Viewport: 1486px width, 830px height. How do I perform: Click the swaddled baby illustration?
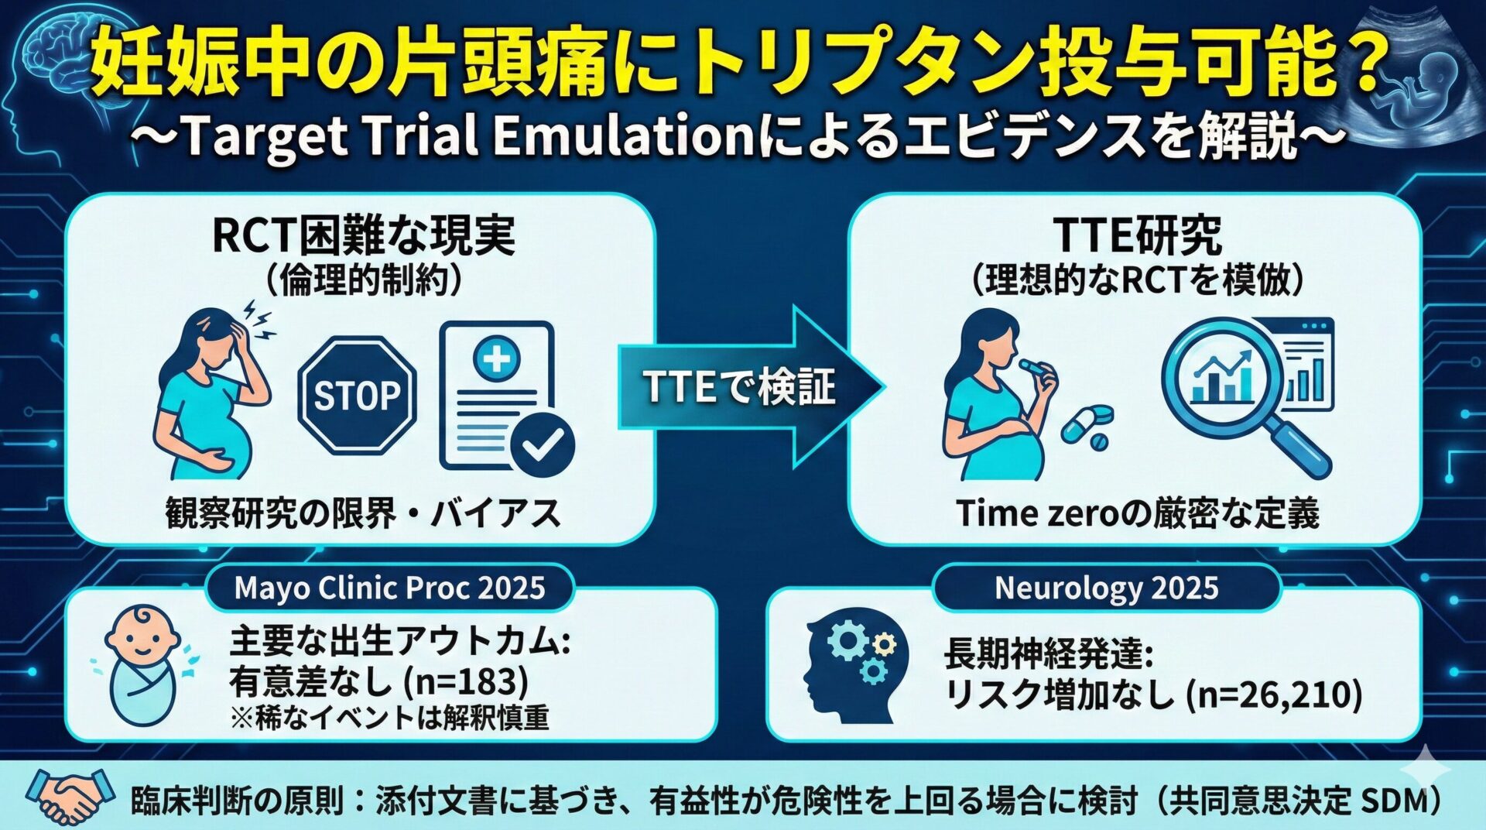coord(143,666)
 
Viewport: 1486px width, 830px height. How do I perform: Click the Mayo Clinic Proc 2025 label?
coord(389,588)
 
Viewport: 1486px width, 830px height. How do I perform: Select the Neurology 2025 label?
coord(1106,588)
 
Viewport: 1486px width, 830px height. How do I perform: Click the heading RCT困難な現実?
coord(363,236)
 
